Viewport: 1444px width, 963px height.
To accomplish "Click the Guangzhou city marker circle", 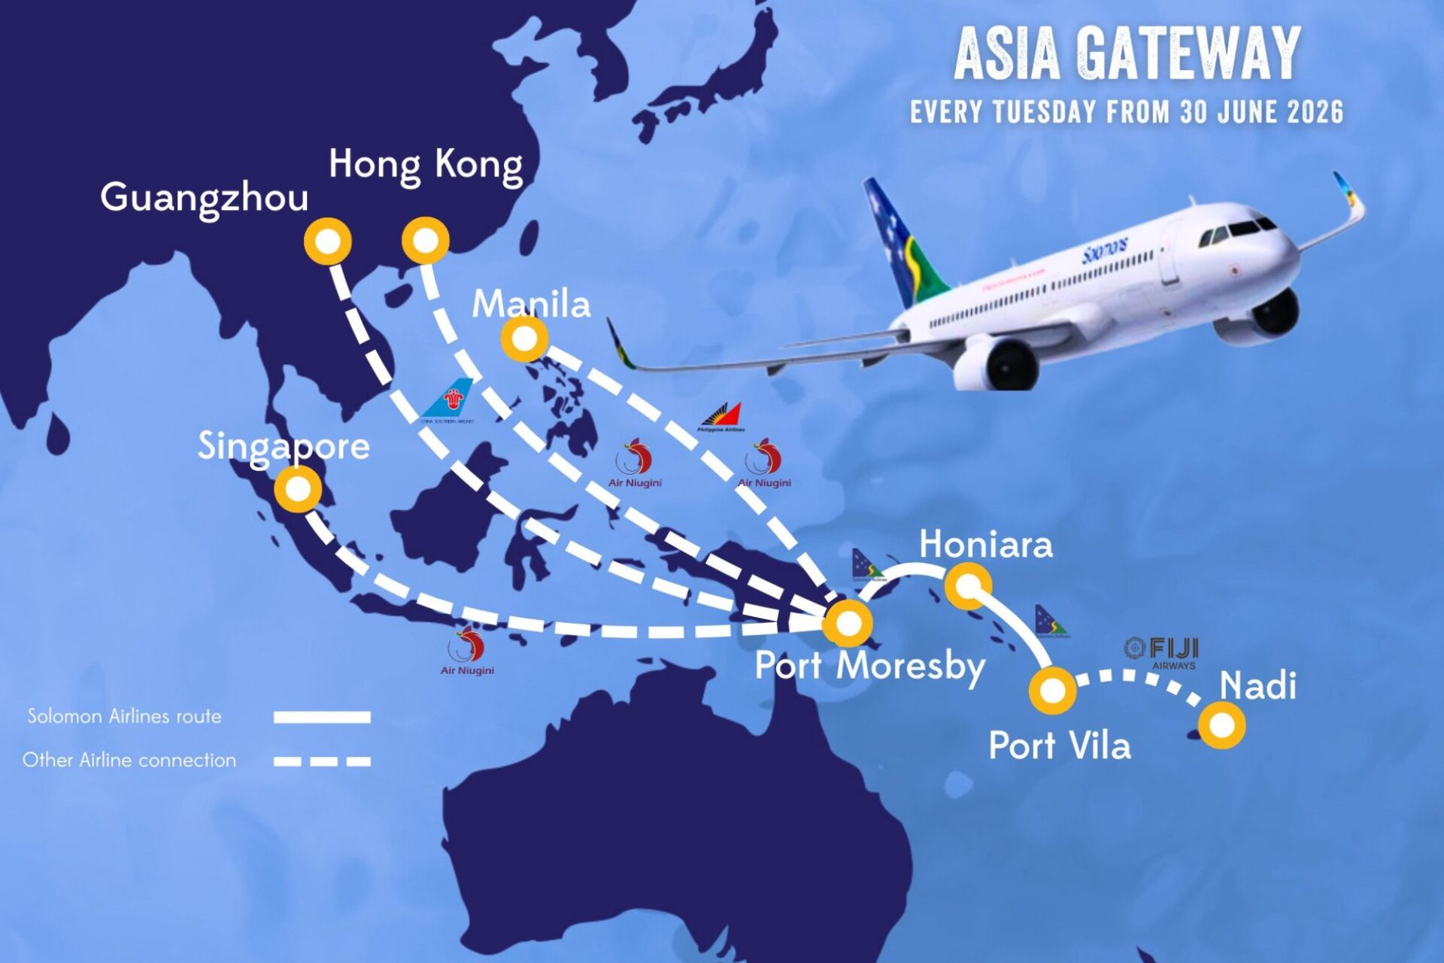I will point(328,242).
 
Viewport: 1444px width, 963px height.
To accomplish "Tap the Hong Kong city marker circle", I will point(426,241).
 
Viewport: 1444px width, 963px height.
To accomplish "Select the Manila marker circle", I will point(524,339).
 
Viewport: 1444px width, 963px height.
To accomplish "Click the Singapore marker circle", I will point(299,489).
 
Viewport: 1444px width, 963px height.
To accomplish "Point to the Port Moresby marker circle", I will point(848,623).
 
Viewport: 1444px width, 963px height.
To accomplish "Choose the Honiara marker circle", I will point(968,585).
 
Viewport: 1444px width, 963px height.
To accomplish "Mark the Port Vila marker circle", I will point(1053,690).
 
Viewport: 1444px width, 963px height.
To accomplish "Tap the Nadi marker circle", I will point(1222,725).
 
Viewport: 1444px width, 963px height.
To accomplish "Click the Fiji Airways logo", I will point(1162,652).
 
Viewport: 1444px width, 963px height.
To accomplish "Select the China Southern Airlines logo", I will point(450,401).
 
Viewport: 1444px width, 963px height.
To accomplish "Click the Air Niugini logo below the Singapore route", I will point(467,652).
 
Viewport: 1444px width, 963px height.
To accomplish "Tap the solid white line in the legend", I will point(322,717).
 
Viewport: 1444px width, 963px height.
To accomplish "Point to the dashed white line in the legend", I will point(322,761).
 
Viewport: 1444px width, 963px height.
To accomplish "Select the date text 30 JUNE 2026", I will point(1261,113).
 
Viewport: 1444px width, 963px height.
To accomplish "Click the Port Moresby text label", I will point(869,666).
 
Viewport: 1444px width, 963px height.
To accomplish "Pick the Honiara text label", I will point(985,544).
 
